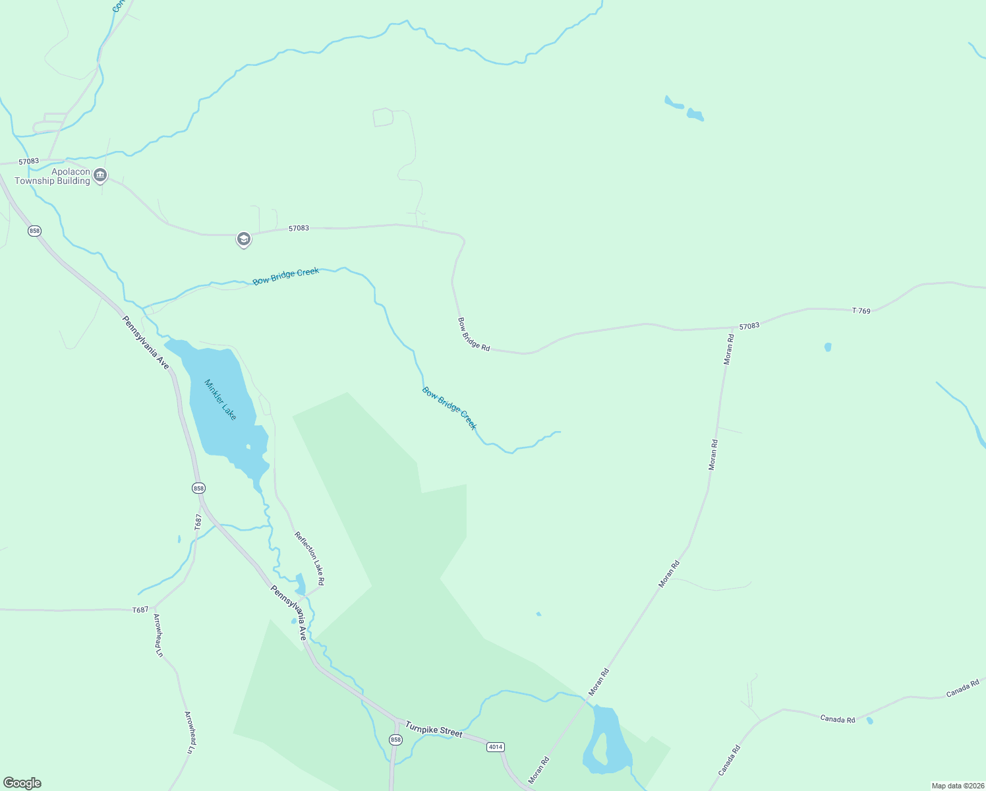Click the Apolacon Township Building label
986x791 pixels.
[x=52, y=176]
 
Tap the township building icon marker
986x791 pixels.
[x=100, y=175]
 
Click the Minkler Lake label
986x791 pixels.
[x=220, y=399]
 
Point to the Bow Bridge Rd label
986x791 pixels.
[x=474, y=334]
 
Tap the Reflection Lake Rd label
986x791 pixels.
[x=309, y=558]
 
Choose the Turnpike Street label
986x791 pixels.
[x=434, y=728]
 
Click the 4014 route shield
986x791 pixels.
[x=496, y=747]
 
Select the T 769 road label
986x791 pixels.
[x=861, y=310]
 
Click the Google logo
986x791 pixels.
[x=22, y=783]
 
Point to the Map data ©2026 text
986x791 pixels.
[x=957, y=786]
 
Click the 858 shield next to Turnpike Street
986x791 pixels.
[x=395, y=740]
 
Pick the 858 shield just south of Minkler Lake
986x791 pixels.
[x=198, y=488]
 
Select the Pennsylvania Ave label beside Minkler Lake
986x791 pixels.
[x=146, y=342]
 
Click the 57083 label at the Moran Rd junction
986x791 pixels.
[x=749, y=326]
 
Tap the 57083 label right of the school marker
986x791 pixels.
[x=299, y=228]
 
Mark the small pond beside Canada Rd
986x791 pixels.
[x=869, y=720]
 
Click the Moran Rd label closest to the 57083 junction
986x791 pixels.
[x=728, y=349]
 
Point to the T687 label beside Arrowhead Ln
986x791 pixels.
[x=140, y=610]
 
